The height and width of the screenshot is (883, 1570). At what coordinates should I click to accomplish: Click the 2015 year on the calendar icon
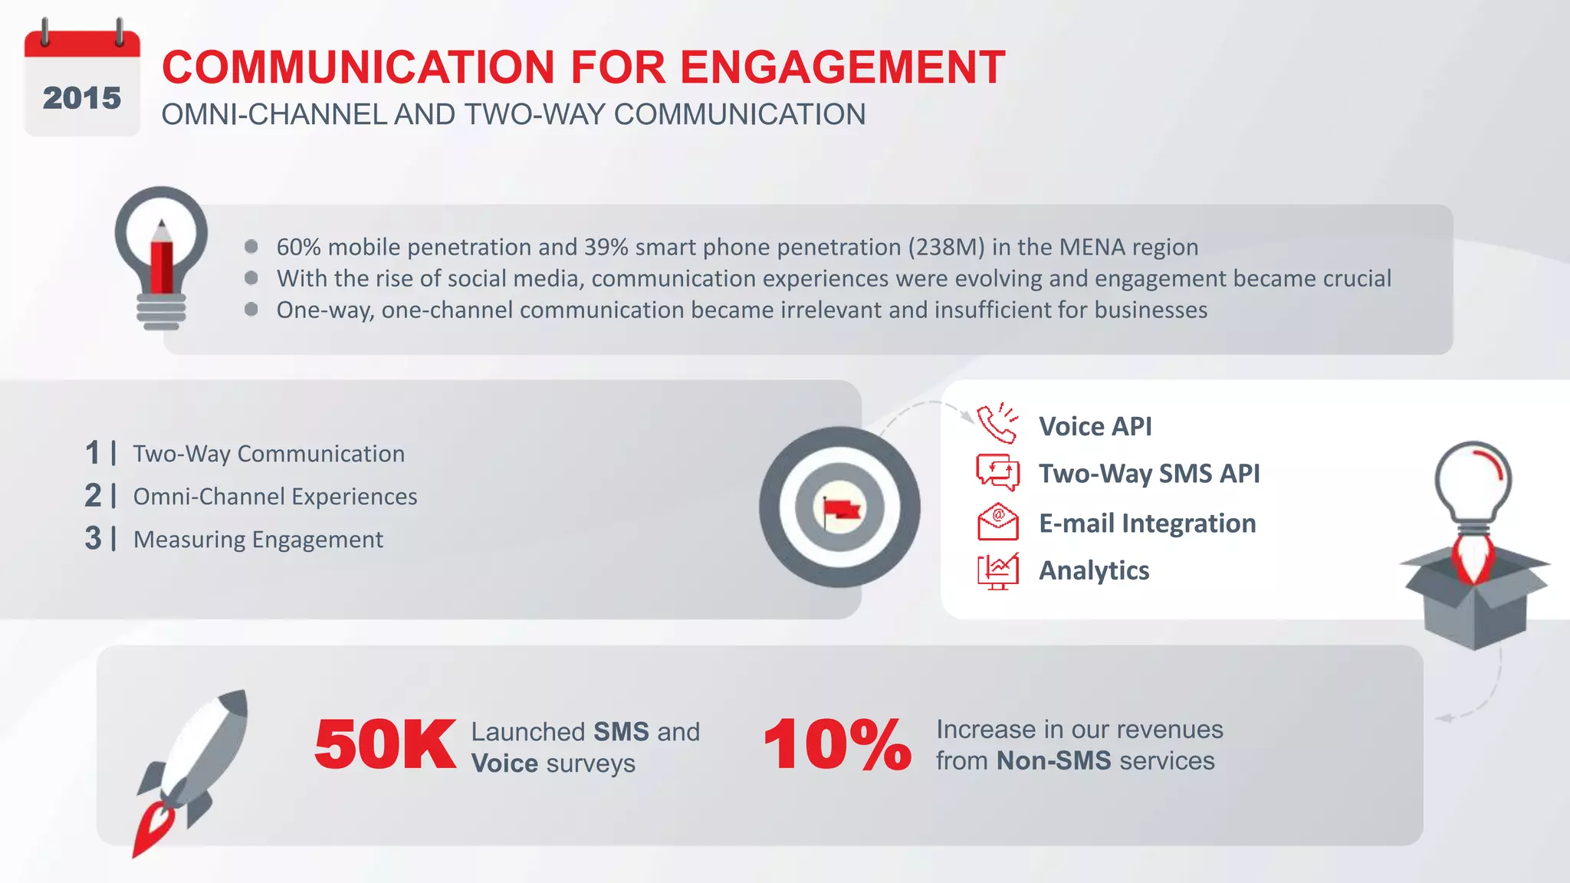pyautogui.click(x=81, y=98)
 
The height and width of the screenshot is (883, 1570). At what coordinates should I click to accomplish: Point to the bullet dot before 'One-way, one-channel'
pyautogui.click(x=251, y=309)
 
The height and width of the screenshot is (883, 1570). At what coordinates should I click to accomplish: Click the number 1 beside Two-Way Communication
pyautogui.click(x=93, y=453)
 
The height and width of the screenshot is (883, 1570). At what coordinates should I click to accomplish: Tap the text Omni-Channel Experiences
pyautogui.click(x=275, y=497)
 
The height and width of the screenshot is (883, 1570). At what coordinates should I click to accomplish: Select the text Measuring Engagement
pyautogui.click(x=258, y=540)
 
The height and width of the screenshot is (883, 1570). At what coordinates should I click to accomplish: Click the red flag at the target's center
pyautogui.click(x=842, y=509)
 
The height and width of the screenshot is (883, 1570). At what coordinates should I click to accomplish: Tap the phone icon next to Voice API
pyautogui.click(x=997, y=424)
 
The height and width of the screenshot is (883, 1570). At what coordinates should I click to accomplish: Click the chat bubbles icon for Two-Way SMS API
pyautogui.click(x=997, y=472)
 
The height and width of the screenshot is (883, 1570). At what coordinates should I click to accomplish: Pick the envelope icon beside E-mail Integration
pyautogui.click(x=997, y=522)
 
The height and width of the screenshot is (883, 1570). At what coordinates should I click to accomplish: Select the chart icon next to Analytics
pyautogui.click(x=997, y=571)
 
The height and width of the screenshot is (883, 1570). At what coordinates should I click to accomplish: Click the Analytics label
pyautogui.click(x=1093, y=571)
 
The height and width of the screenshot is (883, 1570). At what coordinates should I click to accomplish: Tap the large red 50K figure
pyautogui.click(x=385, y=745)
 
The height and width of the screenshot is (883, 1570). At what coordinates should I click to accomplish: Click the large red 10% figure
pyautogui.click(x=837, y=745)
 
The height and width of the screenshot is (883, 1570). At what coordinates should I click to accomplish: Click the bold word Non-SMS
pyautogui.click(x=1053, y=761)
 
